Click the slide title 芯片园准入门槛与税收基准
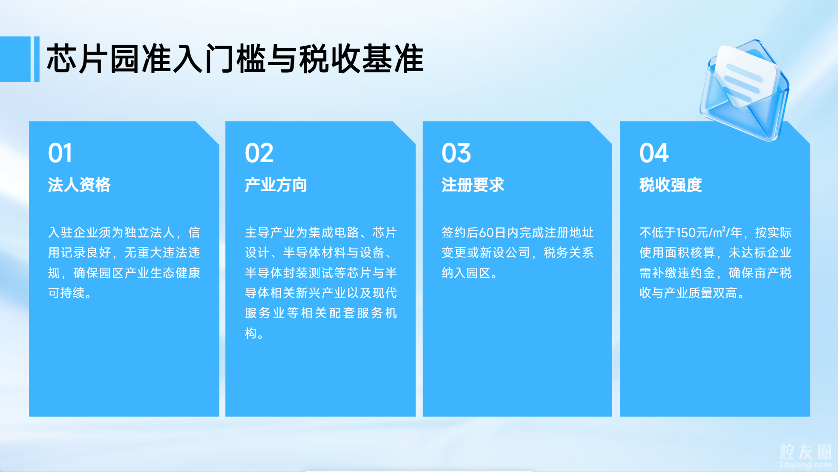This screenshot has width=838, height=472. [235, 59]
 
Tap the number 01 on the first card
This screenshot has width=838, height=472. [60, 153]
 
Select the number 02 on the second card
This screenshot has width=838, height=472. [259, 153]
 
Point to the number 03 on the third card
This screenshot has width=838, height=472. [456, 153]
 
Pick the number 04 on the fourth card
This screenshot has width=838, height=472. [654, 153]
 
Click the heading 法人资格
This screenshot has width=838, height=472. [79, 185]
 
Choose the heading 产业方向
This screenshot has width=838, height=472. [276, 185]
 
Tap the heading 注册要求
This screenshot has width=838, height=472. [473, 185]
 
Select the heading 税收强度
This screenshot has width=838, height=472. [671, 185]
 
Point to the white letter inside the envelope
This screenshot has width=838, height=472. [746, 76]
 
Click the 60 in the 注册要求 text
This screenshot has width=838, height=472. [486, 233]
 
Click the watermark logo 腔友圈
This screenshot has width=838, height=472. [806, 452]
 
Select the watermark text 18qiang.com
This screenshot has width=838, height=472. [806, 465]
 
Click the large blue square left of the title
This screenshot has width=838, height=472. [15, 59]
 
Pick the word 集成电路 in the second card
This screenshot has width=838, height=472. [334, 233]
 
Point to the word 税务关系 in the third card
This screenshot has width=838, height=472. [569, 253]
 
